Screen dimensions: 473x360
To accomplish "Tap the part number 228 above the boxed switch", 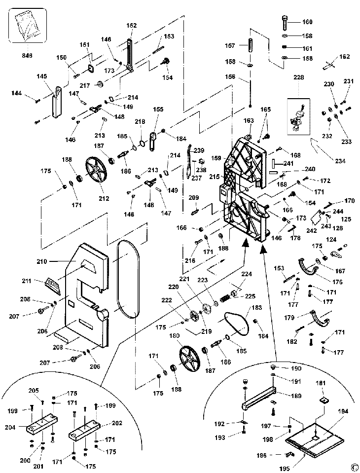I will pos(299,77).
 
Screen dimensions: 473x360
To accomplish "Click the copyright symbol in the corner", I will pos(353,467).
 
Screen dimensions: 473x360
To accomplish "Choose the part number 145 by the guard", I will pos(41,76).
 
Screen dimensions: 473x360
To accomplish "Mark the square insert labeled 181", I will pos(323,399).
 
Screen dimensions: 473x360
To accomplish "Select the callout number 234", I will pos(340,161).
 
